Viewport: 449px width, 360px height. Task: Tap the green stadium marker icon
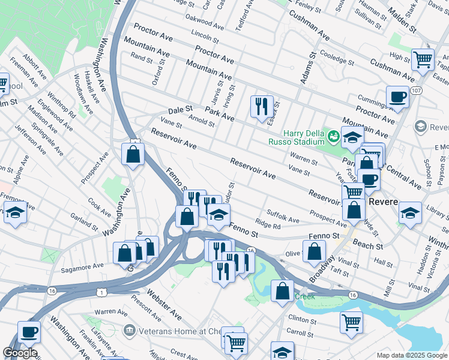tap(333, 137)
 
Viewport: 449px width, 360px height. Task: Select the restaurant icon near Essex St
tap(262, 107)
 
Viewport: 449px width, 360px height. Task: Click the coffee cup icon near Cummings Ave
tap(397, 97)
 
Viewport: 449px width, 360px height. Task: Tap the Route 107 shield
tap(417, 90)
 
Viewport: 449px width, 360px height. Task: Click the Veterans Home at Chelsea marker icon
tap(129, 329)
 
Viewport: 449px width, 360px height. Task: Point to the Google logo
tap(20, 353)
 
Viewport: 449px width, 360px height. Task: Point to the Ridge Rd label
tap(268, 225)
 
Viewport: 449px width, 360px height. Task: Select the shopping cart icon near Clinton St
tap(351, 322)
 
